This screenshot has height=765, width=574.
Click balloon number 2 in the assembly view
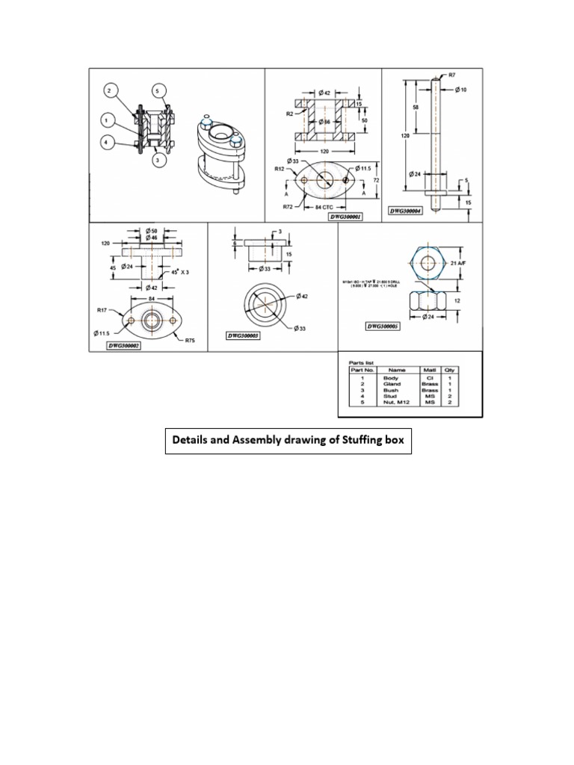point(109,91)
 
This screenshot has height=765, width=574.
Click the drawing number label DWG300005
point(383,326)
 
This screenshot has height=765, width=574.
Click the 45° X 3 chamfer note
point(179,272)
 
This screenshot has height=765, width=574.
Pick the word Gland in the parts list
point(392,384)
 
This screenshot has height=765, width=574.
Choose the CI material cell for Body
point(430,378)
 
